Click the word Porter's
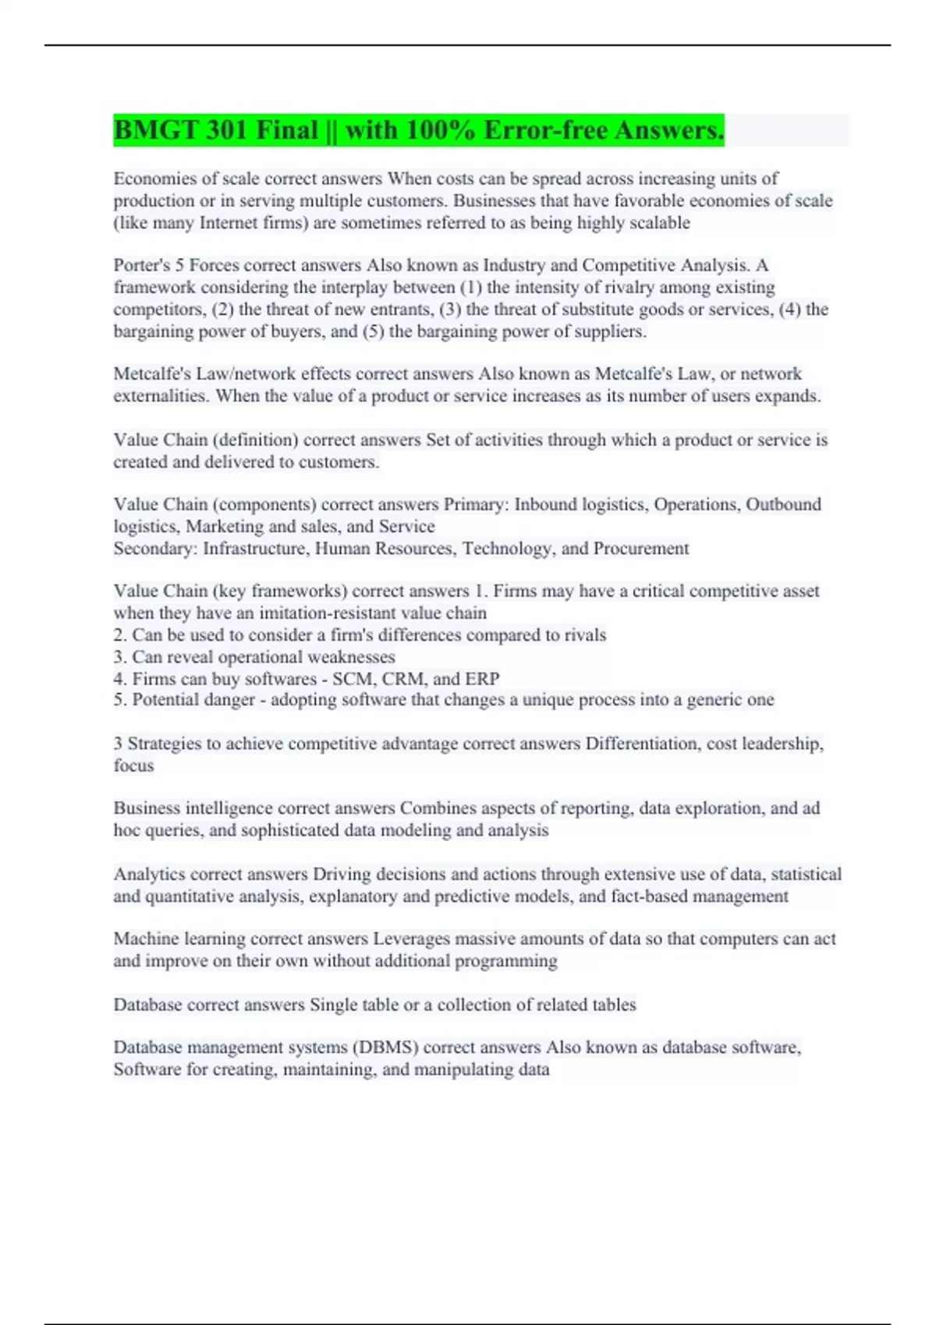coord(141,265)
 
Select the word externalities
coord(160,396)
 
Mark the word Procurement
coord(640,549)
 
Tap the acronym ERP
coord(482,679)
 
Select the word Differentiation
coord(640,744)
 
